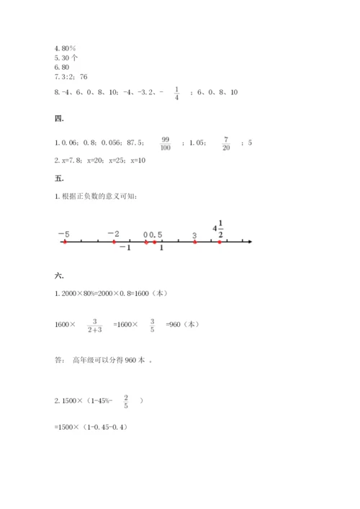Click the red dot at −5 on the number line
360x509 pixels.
pos(64,242)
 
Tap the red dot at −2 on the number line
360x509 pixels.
pos(114,242)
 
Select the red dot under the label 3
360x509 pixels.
pos(194,242)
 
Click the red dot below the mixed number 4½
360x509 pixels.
pos(220,242)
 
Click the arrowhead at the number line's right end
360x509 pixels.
pos(249,242)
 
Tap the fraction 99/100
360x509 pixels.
pos(166,143)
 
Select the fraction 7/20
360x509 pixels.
pos(225,143)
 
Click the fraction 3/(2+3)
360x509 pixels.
pos(94,325)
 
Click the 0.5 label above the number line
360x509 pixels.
pos(156,235)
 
